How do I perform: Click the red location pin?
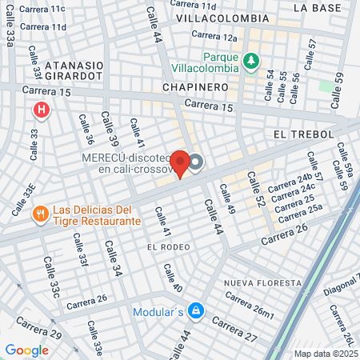coord(181,163)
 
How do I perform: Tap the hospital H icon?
coord(39,108)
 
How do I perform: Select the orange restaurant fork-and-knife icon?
coord(39,214)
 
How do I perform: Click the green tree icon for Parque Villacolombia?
coord(251,61)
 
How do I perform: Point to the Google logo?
coord(26,350)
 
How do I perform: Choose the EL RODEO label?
coord(168,248)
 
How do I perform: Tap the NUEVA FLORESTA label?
coord(262,283)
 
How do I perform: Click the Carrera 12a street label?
coord(218,38)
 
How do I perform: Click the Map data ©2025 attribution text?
coord(326,354)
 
